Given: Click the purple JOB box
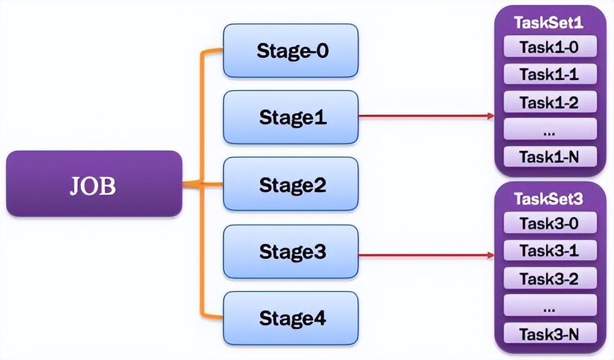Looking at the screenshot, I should [94, 184].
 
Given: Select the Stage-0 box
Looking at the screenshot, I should [291, 51].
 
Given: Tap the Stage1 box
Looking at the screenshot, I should [291, 117].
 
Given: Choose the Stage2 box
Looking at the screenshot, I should [291, 184].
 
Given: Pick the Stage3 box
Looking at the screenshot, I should [291, 252].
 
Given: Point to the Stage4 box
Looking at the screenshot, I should [291, 319].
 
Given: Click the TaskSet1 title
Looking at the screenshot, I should [549, 23].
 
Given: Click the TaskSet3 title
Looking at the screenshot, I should [549, 198].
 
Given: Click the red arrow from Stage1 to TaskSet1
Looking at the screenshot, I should [425, 115].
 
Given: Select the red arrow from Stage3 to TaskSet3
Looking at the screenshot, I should [425, 253].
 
